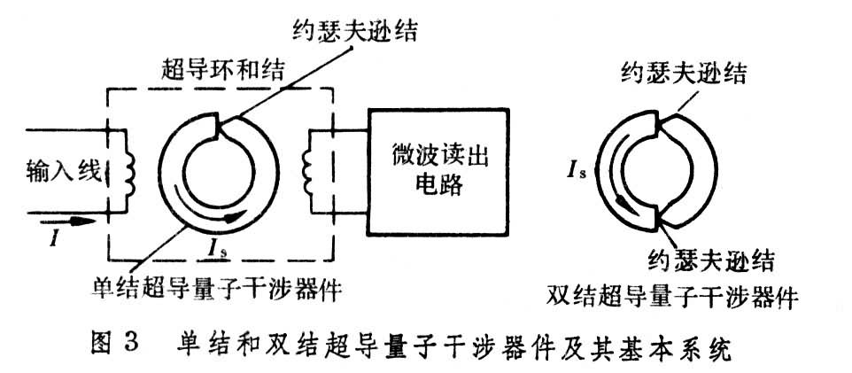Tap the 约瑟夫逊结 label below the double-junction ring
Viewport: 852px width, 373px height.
coord(709,261)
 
